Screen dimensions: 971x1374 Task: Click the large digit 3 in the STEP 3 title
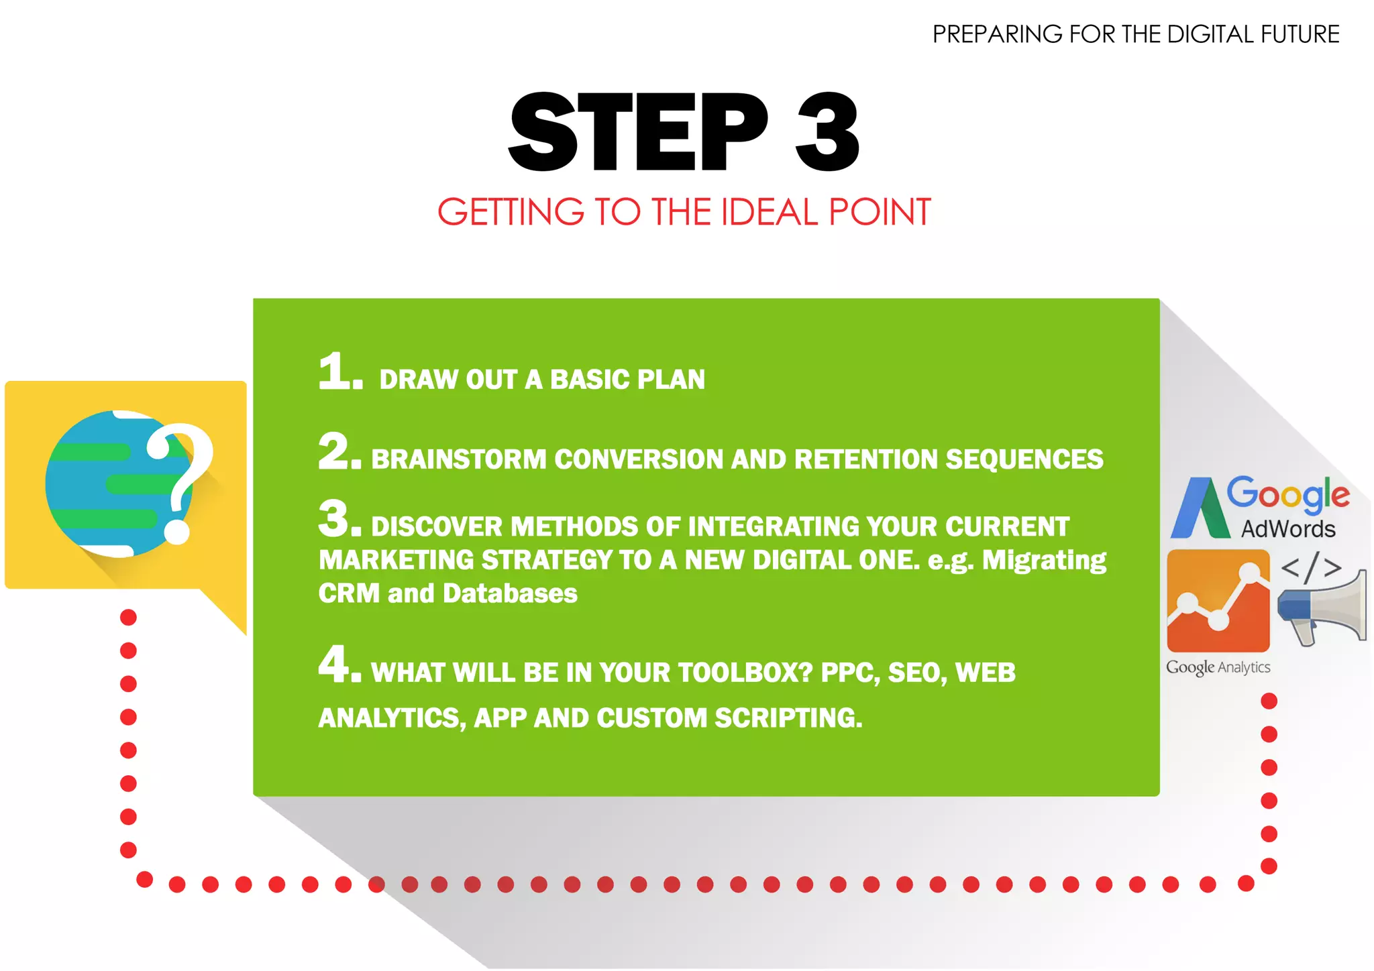pyautogui.click(x=827, y=132)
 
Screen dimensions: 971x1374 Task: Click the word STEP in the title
pyautogui.click(x=637, y=132)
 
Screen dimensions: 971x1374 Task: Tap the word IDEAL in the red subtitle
pyautogui.click(x=770, y=212)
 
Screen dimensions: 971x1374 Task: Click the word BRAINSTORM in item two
pyautogui.click(x=459, y=459)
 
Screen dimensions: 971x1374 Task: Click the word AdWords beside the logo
pyautogui.click(x=1288, y=529)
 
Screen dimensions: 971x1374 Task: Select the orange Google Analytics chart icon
pyautogui.click(x=1218, y=600)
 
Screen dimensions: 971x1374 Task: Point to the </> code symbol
pyautogui.click(x=1311, y=567)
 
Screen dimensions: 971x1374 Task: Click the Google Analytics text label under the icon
pyautogui.click(x=1218, y=667)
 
